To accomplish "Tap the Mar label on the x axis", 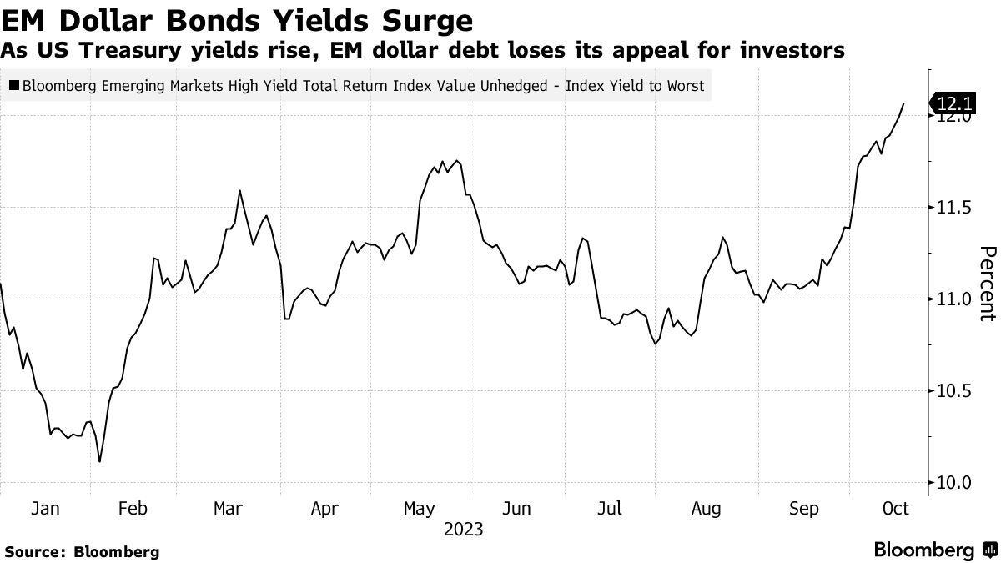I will (227, 507).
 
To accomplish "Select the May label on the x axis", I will (419, 507).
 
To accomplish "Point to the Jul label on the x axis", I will (611, 507).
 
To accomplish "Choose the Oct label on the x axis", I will (894, 507).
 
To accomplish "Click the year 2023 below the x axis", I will (464, 530).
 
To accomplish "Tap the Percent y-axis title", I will (987, 284).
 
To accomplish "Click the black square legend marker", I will (14, 85).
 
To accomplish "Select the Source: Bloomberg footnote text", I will (82, 551).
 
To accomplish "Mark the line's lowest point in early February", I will (100, 461).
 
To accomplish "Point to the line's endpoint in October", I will (904, 103).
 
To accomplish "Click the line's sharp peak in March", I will (239, 191).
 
